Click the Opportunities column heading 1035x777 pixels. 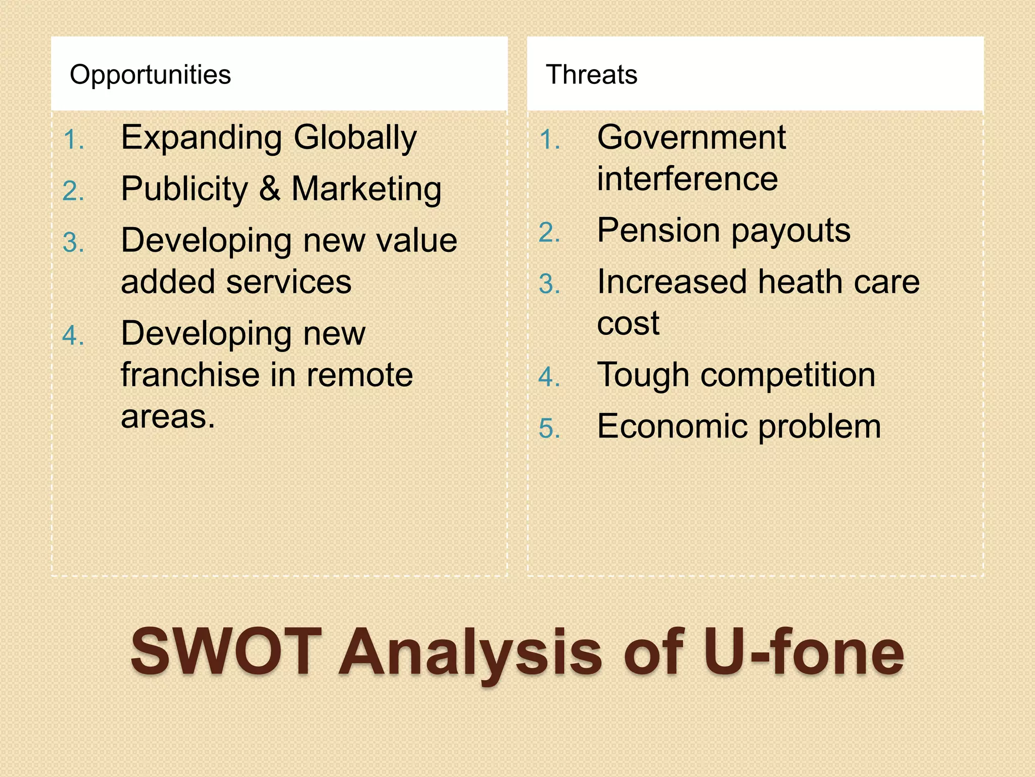click(x=150, y=75)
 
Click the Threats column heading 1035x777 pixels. click(x=591, y=75)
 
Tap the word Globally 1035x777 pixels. click(x=355, y=138)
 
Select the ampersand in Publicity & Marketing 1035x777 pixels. click(x=270, y=189)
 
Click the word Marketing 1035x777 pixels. click(x=366, y=189)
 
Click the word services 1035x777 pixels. click(x=289, y=282)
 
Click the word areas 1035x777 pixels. click(x=168, y=417)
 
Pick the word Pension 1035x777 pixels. click(x=657, y=231)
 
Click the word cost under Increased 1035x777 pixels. click(x=628, y=323)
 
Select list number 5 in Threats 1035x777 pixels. click(x=549, y=428)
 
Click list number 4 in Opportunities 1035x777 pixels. click(x=73, y=336)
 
